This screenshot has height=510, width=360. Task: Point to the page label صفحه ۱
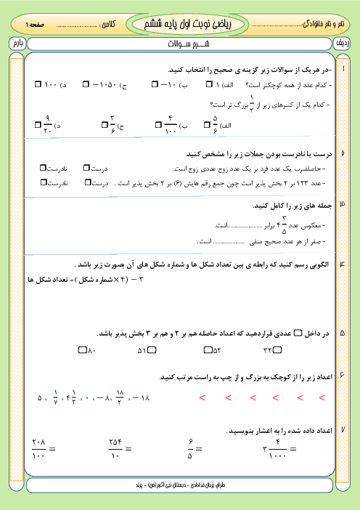[35, 25]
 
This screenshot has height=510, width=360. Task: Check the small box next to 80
[82, 351]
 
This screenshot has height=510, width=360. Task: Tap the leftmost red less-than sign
[201, 397]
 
